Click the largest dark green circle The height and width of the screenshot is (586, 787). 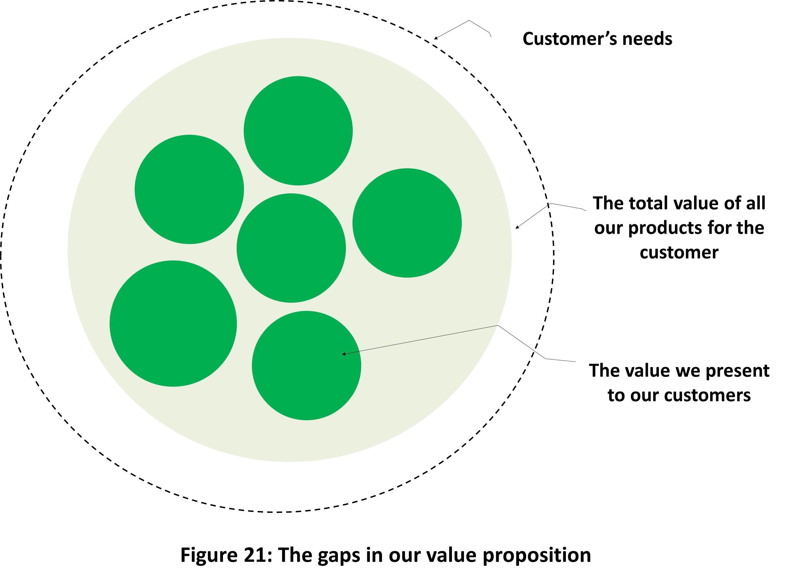[x=173, y=323]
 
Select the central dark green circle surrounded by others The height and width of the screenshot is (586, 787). [x=291, y=248]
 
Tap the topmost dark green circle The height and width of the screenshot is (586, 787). [x=298, y=131]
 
